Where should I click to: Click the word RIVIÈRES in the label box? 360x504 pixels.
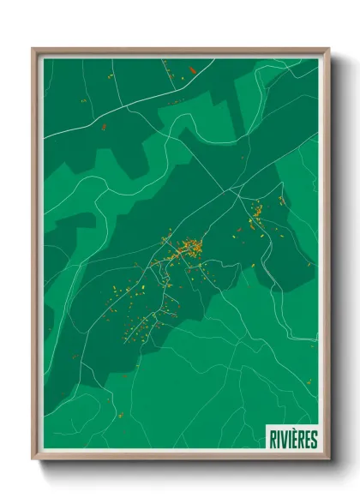click(291, 439)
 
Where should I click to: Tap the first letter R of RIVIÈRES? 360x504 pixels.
click(270, 439)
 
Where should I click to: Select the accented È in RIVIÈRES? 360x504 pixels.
click(293, 439)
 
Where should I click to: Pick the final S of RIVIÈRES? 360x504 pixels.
click(313, 439)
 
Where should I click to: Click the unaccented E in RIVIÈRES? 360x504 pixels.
click(306, 439)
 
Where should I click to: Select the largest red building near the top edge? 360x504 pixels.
click(193, 69)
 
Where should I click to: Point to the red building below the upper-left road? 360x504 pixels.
click(105, 127)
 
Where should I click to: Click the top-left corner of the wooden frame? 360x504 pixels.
click(33, 49)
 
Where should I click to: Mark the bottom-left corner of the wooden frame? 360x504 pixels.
click(33, 460)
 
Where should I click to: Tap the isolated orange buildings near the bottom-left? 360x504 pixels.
click(119, 415)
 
